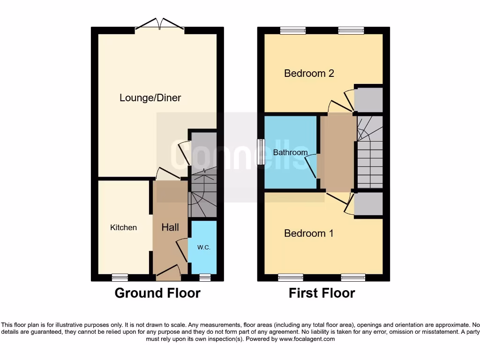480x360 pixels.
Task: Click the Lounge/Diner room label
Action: tap(150, 98)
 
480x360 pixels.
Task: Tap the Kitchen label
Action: tap(123, 227)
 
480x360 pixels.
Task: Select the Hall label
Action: tap(170, 227)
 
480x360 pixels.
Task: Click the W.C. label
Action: tap(203, 247)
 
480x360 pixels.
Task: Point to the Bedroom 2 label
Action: tap(309, 73)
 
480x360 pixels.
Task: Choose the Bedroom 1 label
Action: tap(309, 233)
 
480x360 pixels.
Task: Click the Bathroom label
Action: tap(290, 152)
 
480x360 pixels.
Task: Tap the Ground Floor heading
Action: tap(157, 293)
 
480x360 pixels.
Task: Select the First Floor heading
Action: tap(322, 293)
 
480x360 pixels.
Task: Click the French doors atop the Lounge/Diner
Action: tap(160, 24)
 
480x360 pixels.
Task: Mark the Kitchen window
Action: tap(120, 277)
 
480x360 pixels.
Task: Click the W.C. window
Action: tap(204, 277)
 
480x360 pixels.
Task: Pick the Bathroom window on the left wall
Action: tap(261, 151)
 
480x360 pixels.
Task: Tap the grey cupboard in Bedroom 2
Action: tap(368, 99)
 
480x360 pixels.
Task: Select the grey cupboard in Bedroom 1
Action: tap(368, 204)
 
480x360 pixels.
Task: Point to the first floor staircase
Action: tap(370, 152)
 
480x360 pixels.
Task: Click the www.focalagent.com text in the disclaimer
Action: tap(307, 339)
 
